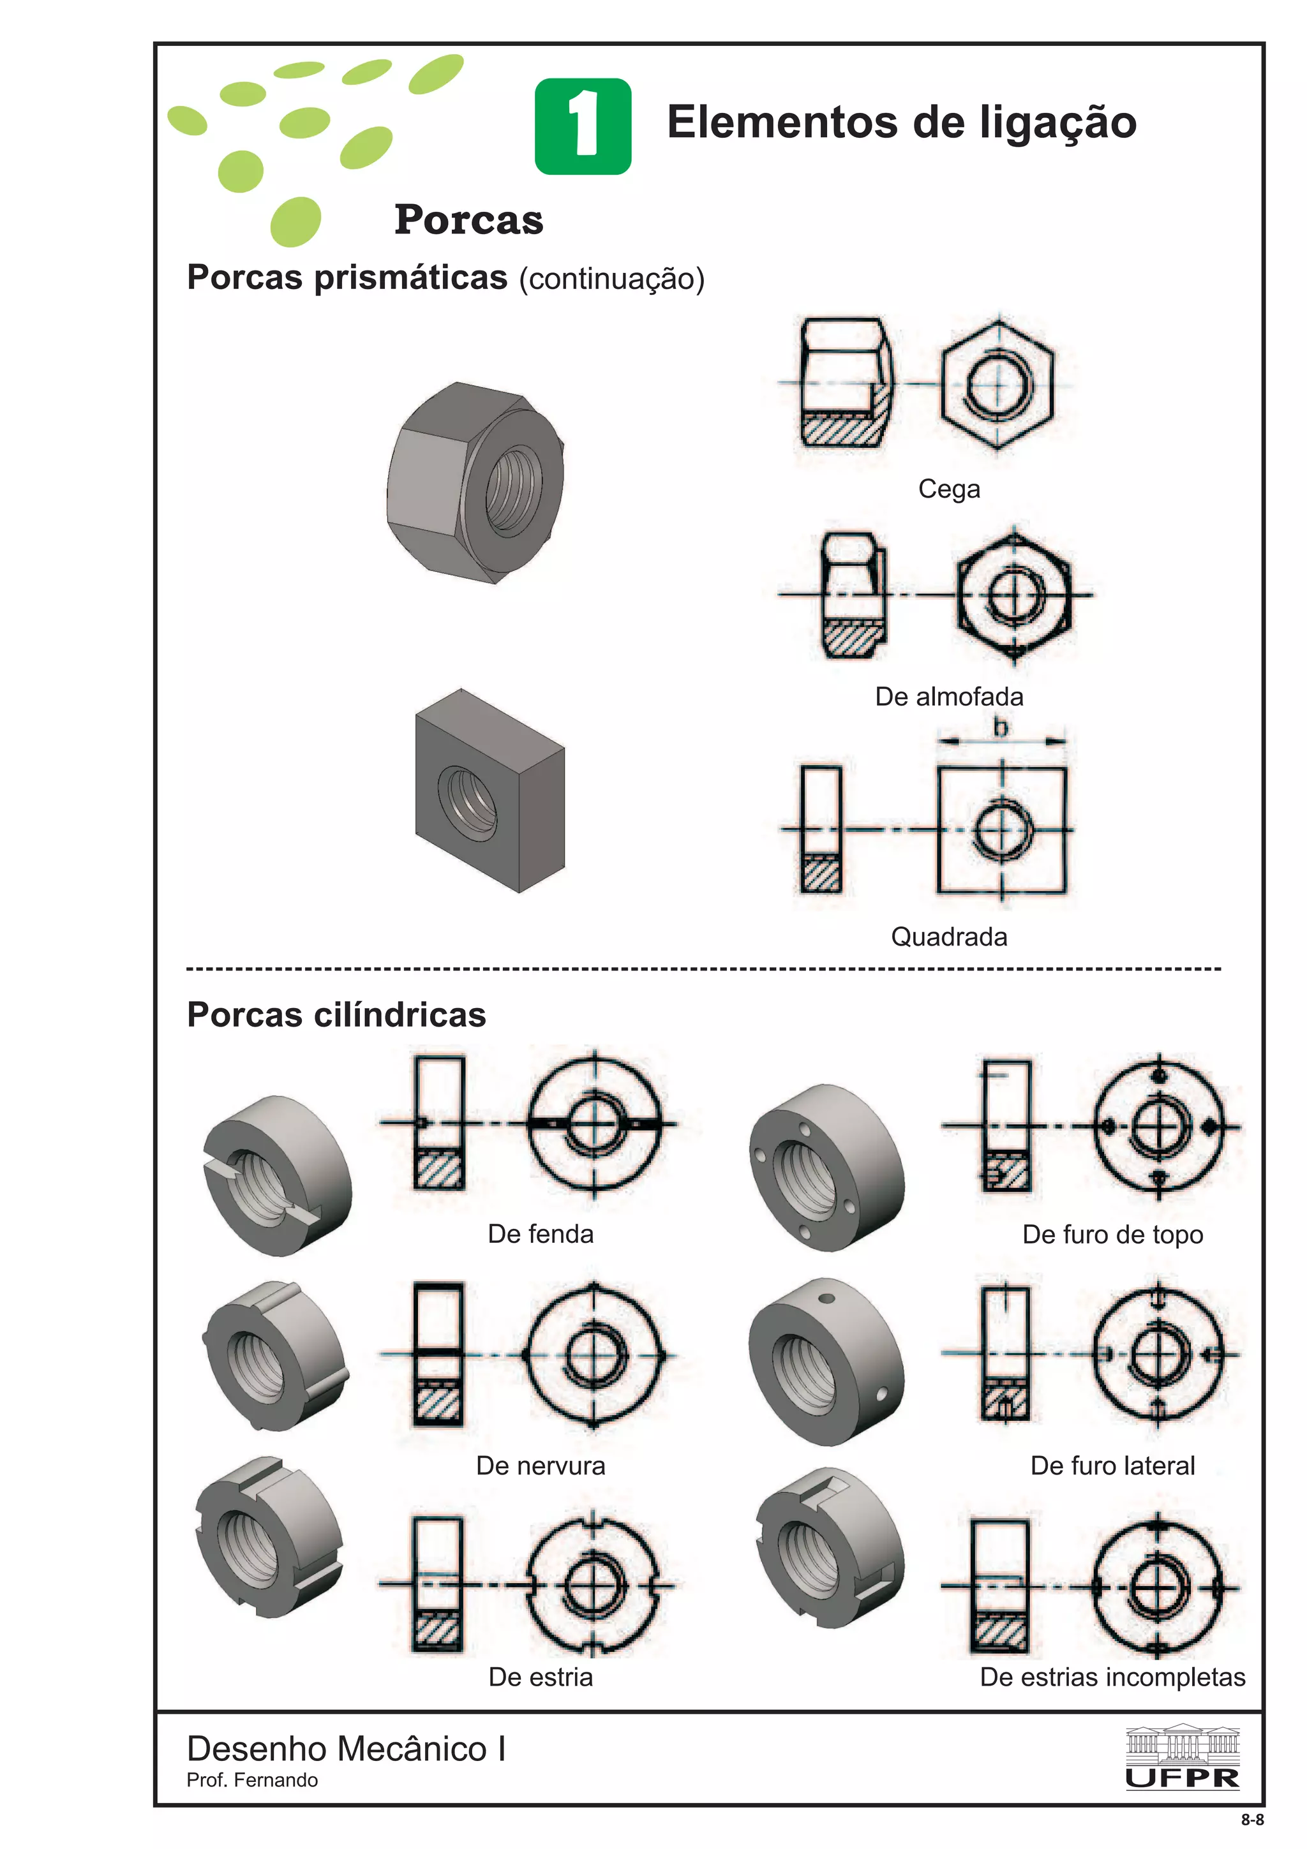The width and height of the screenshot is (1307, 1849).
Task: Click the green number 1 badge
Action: (582, 126)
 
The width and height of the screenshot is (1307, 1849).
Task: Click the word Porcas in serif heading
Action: (468, 220)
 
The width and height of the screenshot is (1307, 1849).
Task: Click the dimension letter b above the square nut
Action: (1000, 727)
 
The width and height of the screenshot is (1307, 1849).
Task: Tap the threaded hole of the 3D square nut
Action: (467, 802)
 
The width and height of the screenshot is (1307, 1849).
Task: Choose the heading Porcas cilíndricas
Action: (336, 1014)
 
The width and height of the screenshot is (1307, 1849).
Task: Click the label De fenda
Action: (541, 1234)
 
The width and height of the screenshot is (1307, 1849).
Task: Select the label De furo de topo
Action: (1112, 1235)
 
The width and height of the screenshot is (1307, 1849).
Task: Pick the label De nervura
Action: (541, 1466)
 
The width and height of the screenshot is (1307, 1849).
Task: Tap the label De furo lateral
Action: (1112, 1466)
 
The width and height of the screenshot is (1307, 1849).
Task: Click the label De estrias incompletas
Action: (1112, 1677)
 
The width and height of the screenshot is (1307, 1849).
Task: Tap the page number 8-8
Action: (1252, 1820)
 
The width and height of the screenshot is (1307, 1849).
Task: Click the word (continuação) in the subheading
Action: (611, 279)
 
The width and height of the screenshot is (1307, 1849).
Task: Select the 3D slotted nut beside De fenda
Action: (276, 1175)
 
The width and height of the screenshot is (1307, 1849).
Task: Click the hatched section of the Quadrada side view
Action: (821, 873)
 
